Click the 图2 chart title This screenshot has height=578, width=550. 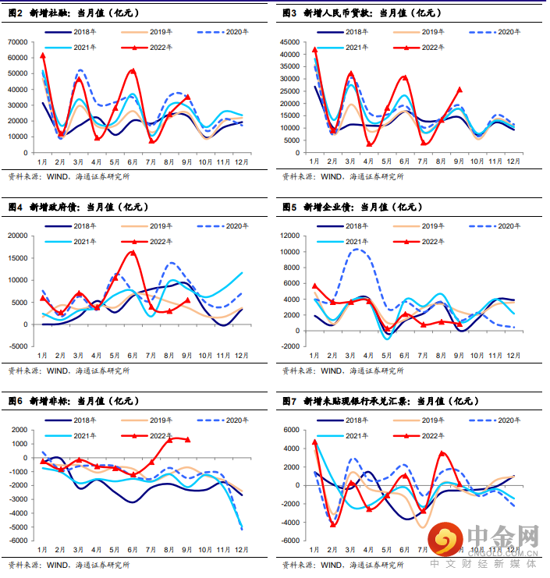coord(70,12)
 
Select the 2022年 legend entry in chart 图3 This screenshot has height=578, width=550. coord(420,47)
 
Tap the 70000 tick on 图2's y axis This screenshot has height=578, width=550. coord(18,41)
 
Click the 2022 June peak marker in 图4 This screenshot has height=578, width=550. coord(133,253)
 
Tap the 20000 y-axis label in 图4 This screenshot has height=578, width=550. coord(18,236)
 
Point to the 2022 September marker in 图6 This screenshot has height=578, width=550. coord(187,439)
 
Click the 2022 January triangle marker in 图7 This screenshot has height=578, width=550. coord(314,441)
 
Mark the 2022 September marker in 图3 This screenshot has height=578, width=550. coord(459,90)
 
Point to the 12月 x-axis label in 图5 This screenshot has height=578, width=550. coord(513,354)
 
